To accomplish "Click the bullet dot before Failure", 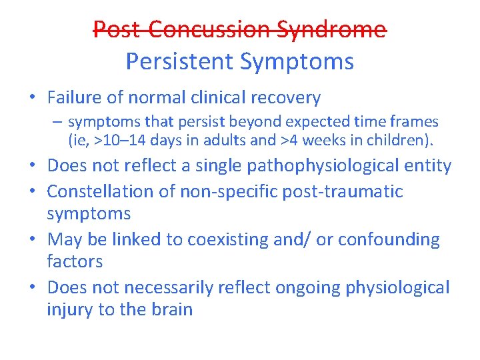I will point(32,98).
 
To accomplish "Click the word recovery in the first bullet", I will point(288,98).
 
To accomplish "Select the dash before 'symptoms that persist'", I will point(59,122).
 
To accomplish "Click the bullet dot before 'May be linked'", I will point(32,239).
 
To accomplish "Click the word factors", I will point(75,261).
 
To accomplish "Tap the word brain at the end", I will point(171,310).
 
